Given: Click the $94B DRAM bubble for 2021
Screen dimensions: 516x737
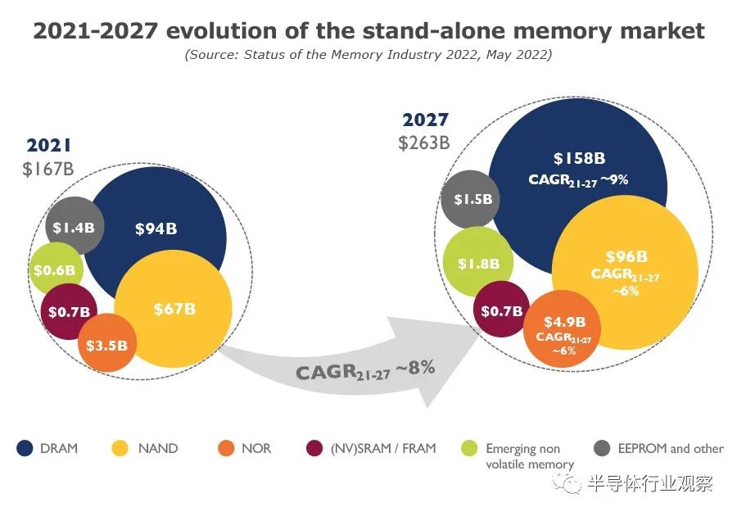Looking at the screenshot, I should pyautogui.click(x=156, y=229).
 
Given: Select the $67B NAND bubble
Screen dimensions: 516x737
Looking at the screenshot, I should pyautogui.click(x=174, y=309).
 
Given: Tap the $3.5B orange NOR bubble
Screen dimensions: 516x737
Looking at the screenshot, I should pyautogui.click(x=107, y=344).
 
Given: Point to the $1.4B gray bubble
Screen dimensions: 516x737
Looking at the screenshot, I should pyautogui.click(x=73, y=228).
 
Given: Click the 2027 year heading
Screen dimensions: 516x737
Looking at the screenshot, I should pyautogui.click(x=425, y=120).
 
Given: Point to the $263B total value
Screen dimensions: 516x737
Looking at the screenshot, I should pyautogui.click(x=424, y=142).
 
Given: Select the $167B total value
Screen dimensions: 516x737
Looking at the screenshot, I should pyautogui.click(x=49, y=169).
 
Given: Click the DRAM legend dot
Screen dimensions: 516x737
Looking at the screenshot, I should pyautogui.click(x=25, y=448).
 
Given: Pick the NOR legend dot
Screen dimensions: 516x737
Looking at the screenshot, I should pyautogui.click(x=226, y=448).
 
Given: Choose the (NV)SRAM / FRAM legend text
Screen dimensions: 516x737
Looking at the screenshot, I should pyautogui.click(x=383, y=448).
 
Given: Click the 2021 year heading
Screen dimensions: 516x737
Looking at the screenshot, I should pyautogui.click(x=49, y=146).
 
